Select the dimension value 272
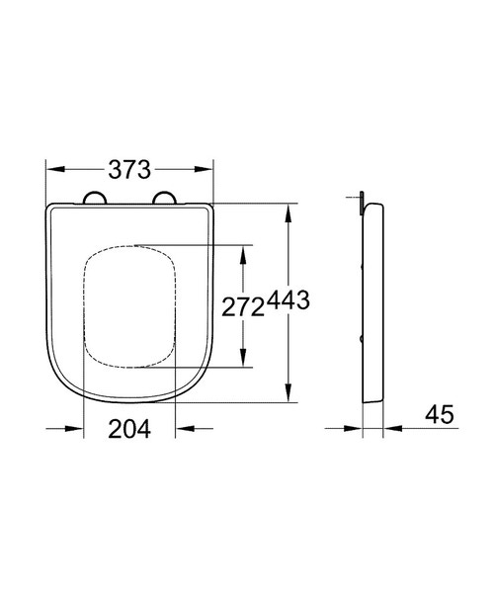coord(242,306)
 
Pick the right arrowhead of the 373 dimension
coord(206,168)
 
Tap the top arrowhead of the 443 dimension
coord(288,211)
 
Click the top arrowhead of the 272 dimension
coord(243,250)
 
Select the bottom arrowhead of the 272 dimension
coord(243,362)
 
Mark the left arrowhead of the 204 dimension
coord(76,429)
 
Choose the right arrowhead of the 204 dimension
coord(182,429)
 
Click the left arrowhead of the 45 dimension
coord(355,429)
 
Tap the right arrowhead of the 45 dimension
coord(392,429)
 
